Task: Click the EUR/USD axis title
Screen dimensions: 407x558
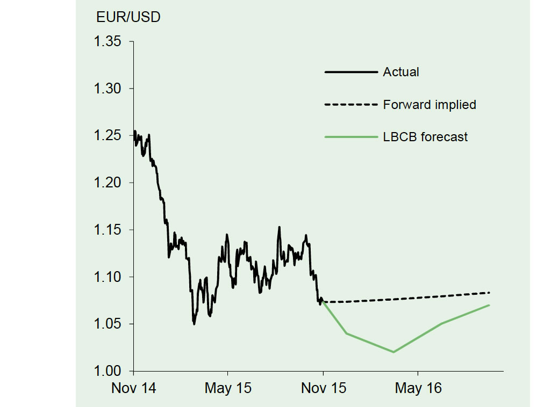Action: coord(128,17)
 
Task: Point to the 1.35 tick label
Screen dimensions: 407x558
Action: coord(108,41)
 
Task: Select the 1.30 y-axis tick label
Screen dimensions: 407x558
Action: coord(108,89)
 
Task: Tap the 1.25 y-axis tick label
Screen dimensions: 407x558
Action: coord(108,135)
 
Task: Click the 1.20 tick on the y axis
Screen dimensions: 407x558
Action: coord(108,183)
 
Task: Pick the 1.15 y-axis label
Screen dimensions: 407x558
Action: coord(108,230)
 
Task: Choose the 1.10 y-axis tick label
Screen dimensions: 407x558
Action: coord(108,277)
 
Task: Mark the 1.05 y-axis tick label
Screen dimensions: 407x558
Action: coord(108,324)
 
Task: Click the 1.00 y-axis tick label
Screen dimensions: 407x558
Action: coord(108,371)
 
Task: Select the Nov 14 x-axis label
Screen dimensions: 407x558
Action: coord(134,388)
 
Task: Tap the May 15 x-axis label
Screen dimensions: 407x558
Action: coord(228,388)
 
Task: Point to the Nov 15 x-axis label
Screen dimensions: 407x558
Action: coord(324,388)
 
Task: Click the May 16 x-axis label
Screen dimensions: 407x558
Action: coord(418,388)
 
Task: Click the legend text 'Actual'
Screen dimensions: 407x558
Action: coord(400,72)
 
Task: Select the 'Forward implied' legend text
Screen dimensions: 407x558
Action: coord(430,105)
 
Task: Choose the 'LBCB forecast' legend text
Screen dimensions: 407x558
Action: coord(425,137)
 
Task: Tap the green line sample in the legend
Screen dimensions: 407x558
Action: coord(352,137)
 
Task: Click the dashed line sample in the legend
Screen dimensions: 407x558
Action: coord(352,105)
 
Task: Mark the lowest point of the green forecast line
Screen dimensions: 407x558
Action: coord(394,352)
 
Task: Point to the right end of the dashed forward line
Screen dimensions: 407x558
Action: coord(489,293)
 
